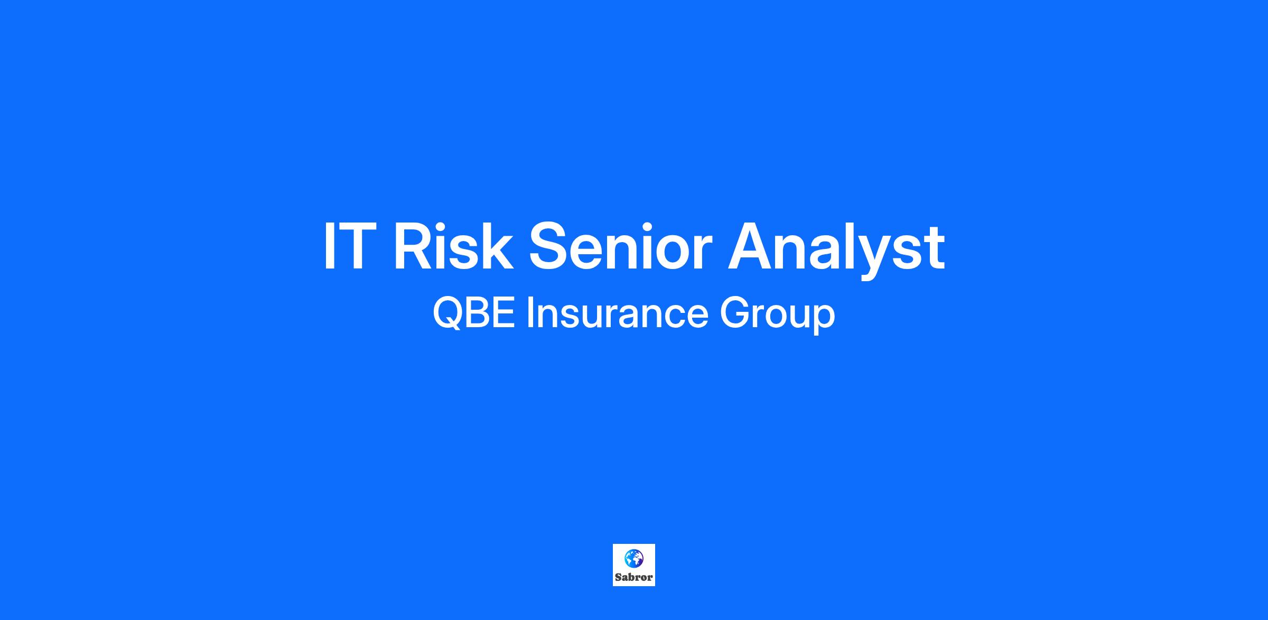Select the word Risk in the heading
click(x=453, y=245)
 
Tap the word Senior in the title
click(x=621, y=246)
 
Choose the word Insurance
click(x=617, y=313)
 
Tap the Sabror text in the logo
click(x=634, y=577)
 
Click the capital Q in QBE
click(x=449, y=314)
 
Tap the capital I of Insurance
click(x=529, y=313)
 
